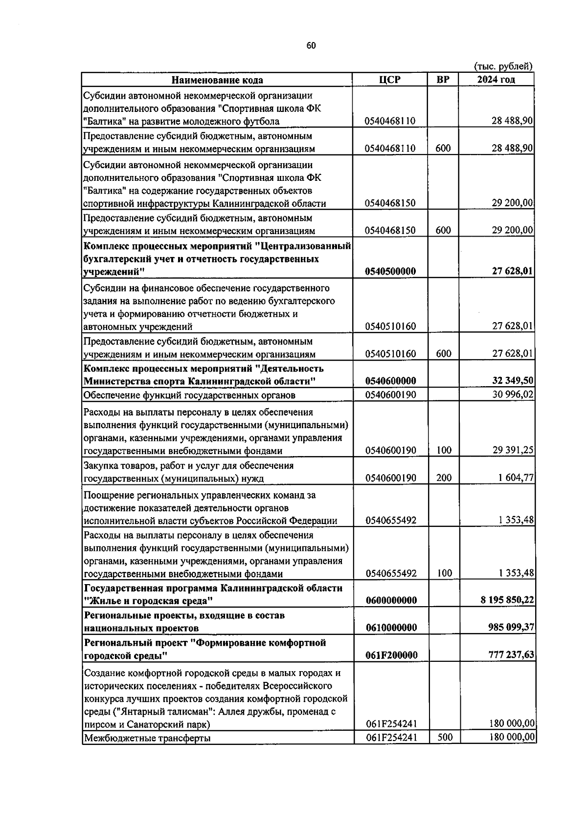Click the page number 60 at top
(311, 45)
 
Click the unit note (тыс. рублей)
(503, 66)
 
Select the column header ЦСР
(390, 80)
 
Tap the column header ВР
(443, 80)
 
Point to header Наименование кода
(217, 80)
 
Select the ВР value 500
(445, 737)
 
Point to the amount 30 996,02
(513, 394)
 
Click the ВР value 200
(444, 478)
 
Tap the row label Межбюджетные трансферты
(147, 738)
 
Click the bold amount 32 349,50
(513, 381)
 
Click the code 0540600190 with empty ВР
(390, 394)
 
